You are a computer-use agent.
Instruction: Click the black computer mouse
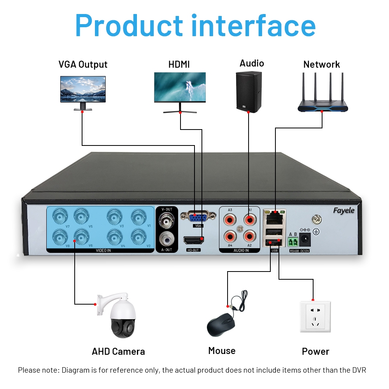[221, 325]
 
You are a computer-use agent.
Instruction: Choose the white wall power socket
[315, 316]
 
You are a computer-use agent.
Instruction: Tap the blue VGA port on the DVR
[198, 216]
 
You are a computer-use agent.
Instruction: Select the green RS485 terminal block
[293, 242]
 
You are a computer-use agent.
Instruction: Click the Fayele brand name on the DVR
[343, 210]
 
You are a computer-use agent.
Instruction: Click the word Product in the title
[129, 25]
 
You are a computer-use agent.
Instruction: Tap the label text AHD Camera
[118, 352]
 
